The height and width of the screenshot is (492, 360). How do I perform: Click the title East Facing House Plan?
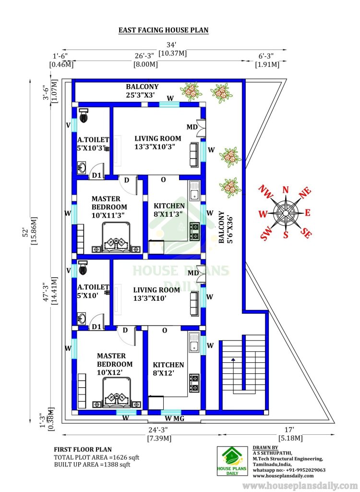163,30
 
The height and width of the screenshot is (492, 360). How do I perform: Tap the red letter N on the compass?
286,190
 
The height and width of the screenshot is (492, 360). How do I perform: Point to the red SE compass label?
306,233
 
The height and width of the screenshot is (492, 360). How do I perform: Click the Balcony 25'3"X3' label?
142,91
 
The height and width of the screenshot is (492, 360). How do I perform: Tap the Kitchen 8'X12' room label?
168,369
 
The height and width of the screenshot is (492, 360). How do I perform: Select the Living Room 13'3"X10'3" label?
158,142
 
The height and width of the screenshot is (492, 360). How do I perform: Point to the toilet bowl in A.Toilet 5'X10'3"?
84,115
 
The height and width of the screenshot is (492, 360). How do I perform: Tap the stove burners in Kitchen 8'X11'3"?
195,231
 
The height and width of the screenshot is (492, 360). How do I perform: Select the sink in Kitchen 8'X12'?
194,342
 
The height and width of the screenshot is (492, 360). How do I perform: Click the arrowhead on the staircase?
233,359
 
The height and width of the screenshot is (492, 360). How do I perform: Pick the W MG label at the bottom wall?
174,418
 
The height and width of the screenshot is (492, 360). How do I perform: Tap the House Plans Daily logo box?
232,461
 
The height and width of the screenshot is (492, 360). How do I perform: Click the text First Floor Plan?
83,450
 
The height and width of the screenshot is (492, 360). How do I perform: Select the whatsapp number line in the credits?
289,470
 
